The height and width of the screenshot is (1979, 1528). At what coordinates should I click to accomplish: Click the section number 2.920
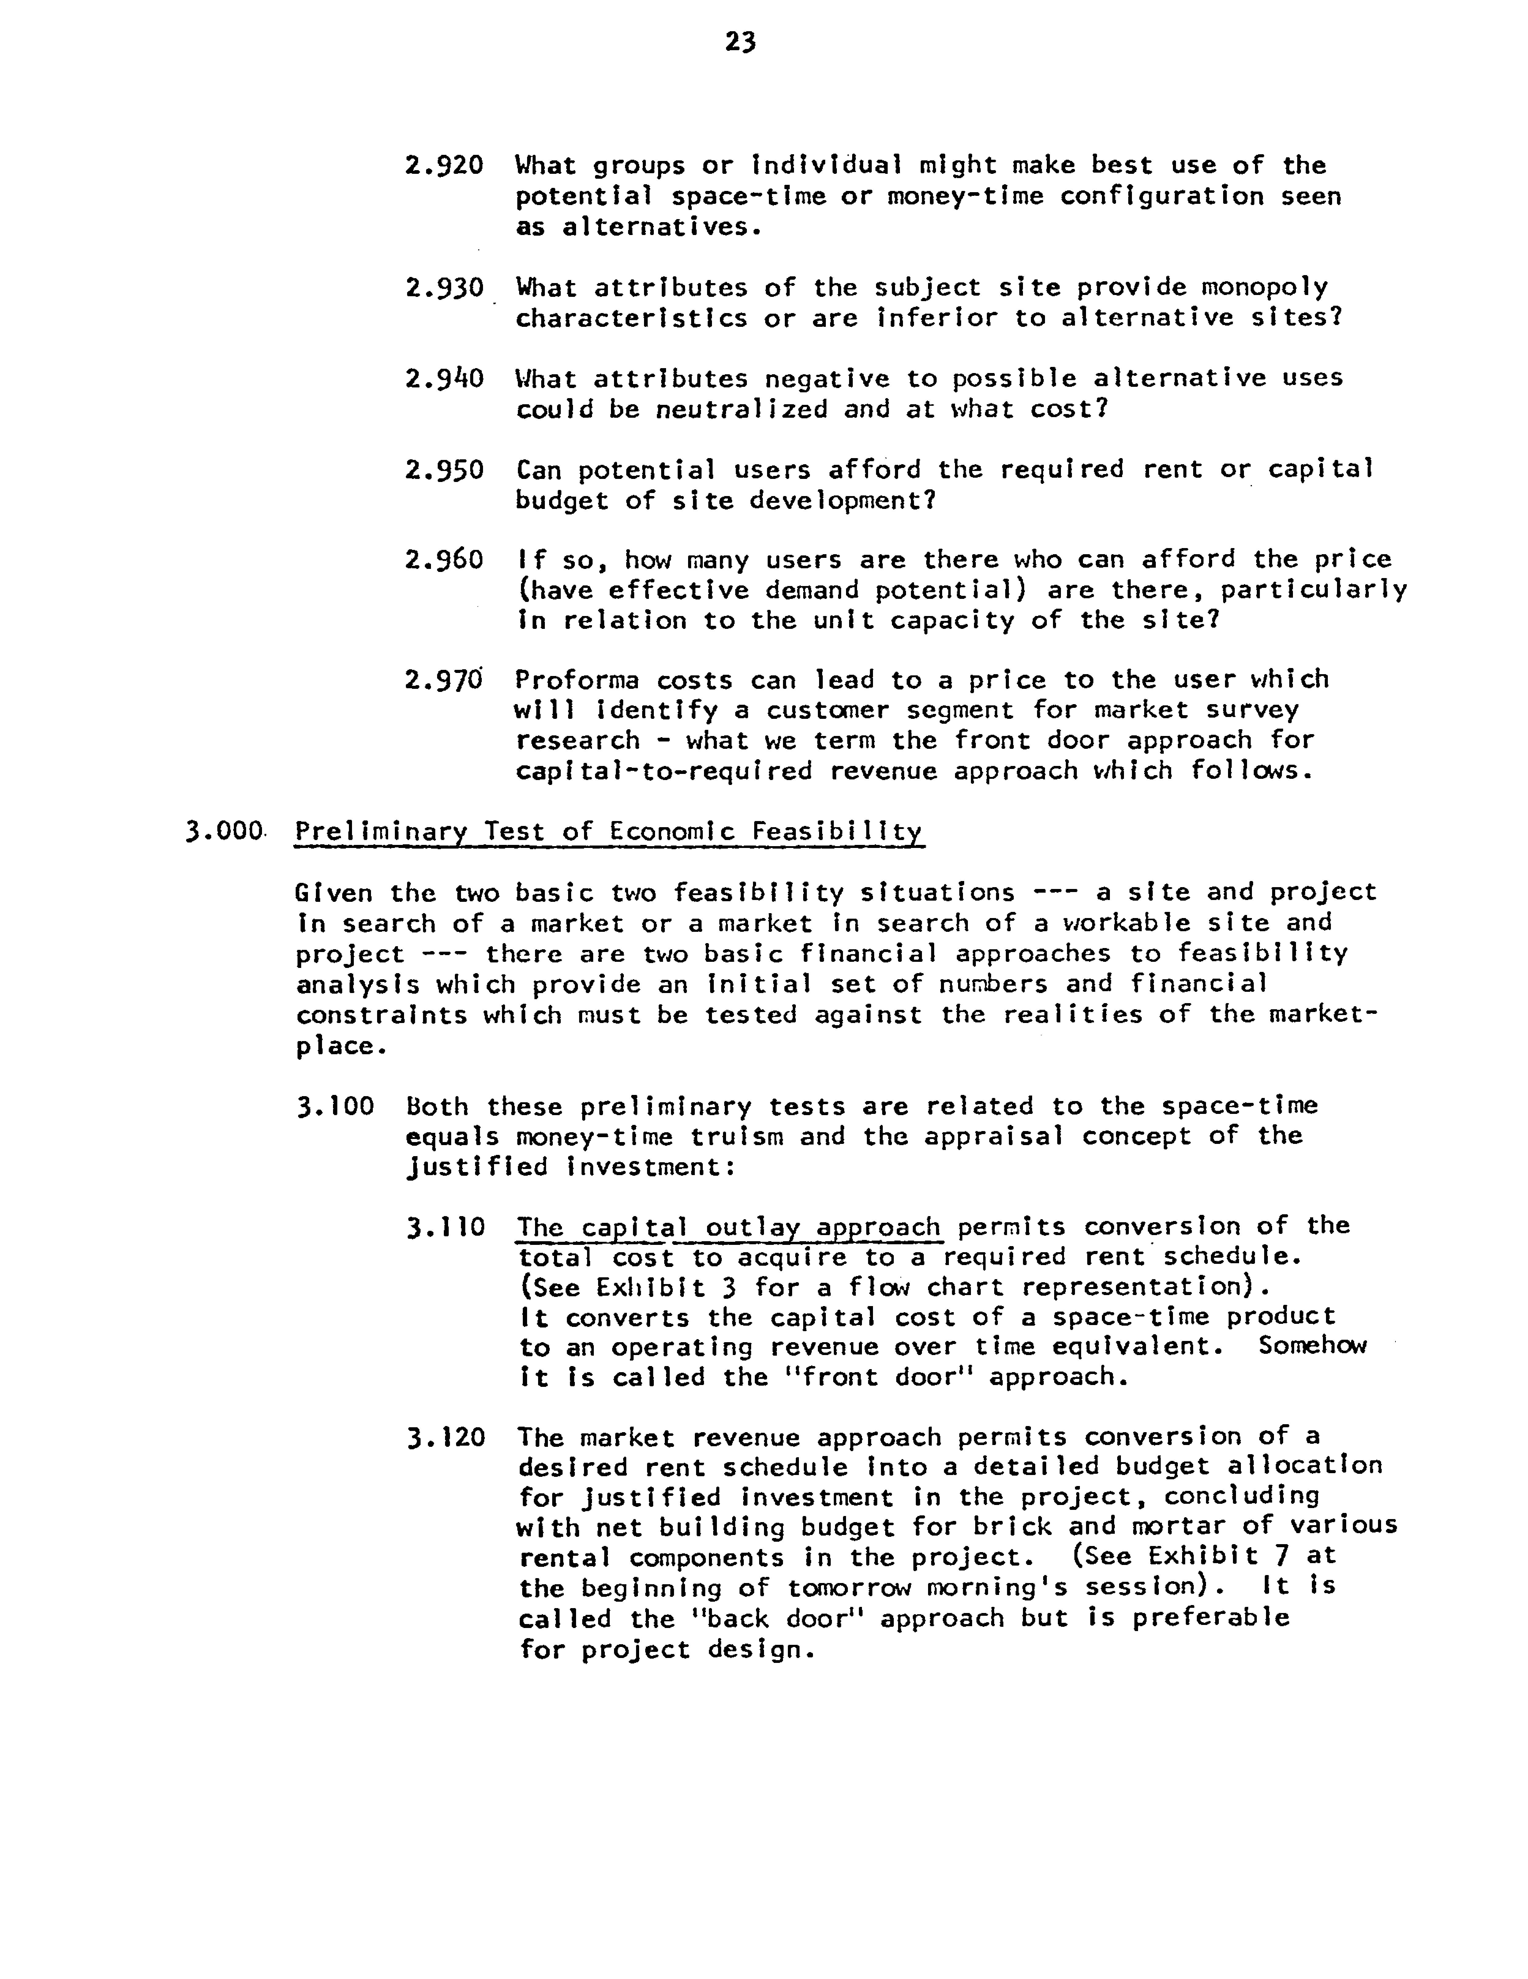tap(444, 166)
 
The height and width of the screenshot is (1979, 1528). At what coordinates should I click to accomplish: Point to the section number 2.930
tap(444, 288)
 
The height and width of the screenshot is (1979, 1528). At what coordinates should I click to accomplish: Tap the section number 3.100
tap(335, 1106)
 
